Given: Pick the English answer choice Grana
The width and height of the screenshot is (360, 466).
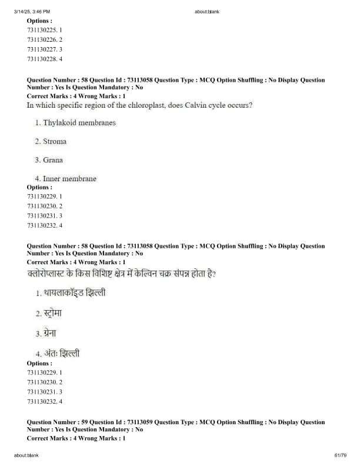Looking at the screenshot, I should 52,160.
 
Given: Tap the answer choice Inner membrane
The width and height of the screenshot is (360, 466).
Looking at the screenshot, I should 69,178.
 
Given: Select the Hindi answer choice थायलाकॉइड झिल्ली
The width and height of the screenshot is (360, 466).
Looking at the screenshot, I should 74,292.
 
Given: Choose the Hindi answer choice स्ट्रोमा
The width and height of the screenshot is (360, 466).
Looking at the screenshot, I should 52,313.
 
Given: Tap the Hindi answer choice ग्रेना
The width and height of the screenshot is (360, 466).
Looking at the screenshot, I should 49,334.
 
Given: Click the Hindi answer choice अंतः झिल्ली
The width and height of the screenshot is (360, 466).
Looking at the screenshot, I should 61,354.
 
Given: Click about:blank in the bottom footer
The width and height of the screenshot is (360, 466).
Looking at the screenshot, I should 25,455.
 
